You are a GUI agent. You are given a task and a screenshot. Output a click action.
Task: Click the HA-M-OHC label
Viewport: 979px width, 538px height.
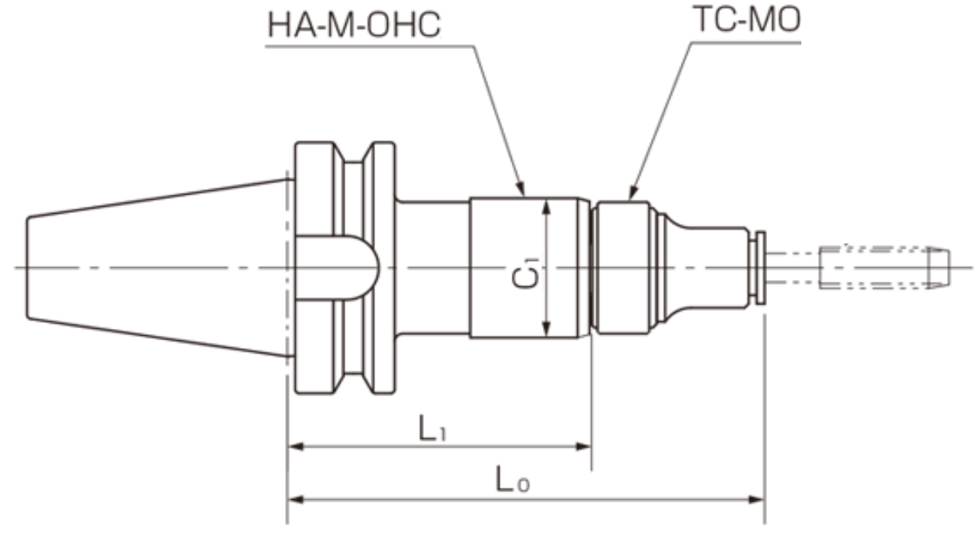click(354, 25)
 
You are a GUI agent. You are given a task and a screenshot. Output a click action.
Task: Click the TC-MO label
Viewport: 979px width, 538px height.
click(747, 21)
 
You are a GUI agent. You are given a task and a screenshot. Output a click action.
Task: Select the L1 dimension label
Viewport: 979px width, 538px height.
click(432, 429)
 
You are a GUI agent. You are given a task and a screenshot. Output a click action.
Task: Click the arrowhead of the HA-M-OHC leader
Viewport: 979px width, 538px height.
click(522, 192)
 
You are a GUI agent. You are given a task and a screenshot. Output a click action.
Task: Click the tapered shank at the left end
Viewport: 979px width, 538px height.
click(152, 267)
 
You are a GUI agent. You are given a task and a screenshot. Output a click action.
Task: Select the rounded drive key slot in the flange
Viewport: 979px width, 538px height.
click(339, 267)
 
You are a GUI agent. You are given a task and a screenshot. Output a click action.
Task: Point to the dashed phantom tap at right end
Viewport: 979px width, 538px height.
click(884, 267)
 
